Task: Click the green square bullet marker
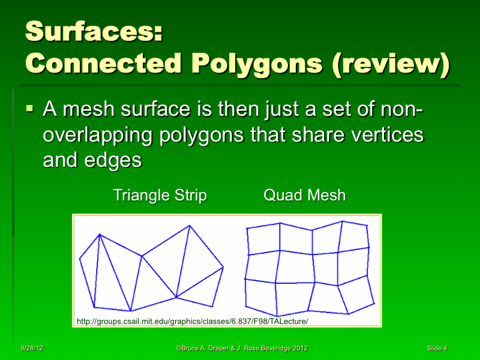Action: [x=31, y=110]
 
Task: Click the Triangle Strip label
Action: [x=160, y=195]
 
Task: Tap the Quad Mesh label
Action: [x=305, y=195]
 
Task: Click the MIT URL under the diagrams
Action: [x=192, y=322]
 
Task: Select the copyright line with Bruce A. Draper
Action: [x=242, y=348]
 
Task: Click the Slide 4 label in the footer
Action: [x=437, y=348]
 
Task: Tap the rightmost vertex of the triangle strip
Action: [x=223, y=267]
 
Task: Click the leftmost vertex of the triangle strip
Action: [x=80, y=259]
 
